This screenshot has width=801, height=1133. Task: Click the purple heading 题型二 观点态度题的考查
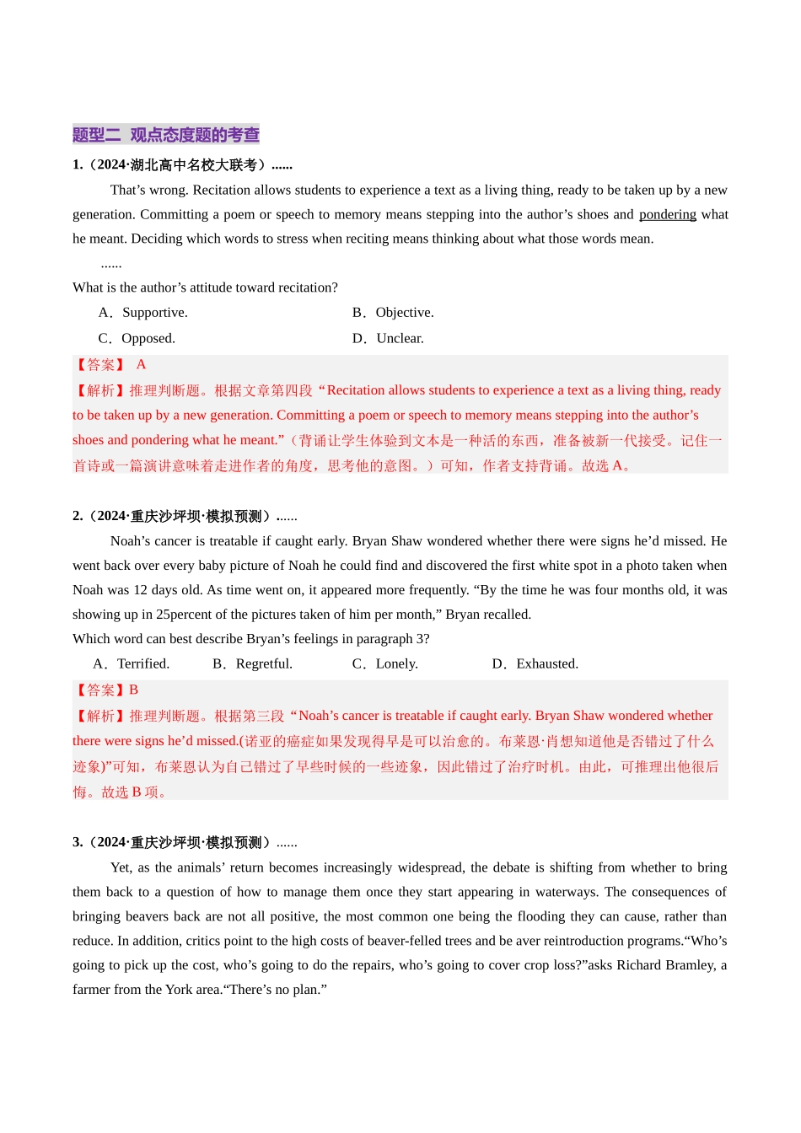pos(166,135)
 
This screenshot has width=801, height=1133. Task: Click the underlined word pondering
pos(667,215)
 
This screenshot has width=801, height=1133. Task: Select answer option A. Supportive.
pos(143,313)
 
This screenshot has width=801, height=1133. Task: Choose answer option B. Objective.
pos(393,313)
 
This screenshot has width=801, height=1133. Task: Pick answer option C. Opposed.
pos(137,339)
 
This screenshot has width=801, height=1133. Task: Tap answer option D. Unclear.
pos(389,339)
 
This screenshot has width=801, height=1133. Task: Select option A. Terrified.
pos(132,664)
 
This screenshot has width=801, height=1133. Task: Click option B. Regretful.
pos(253,664)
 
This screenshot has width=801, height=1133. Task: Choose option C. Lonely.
pos(385,664)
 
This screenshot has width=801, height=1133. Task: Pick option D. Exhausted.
pos(535,664)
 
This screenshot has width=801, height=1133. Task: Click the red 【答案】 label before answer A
pos(99,365)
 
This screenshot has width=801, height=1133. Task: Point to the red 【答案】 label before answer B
pos(99,690)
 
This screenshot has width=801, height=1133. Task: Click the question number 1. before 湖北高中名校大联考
pos(78,165)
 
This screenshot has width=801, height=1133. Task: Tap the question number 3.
pos(78,843)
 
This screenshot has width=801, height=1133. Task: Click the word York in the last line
pos(179,990)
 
